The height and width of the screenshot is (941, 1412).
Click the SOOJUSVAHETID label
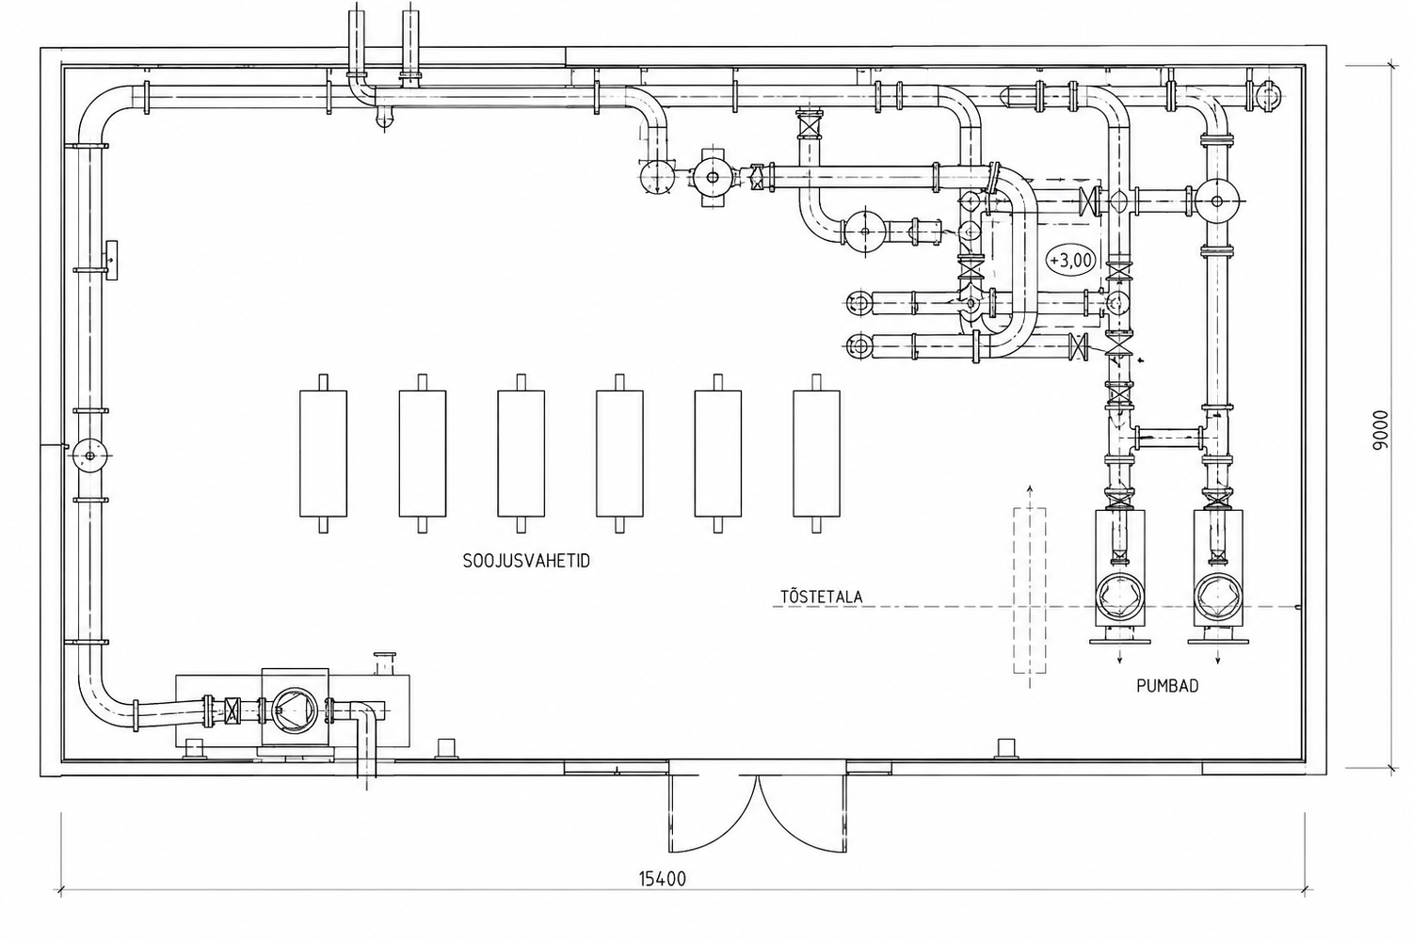[526, 562]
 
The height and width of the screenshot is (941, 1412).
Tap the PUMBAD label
[1167, 686]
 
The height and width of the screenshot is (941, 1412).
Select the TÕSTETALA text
[822, 597]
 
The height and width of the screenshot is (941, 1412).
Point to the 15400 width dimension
[663, 879]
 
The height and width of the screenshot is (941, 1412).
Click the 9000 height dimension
[1381, 430]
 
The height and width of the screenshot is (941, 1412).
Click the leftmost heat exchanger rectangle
[324, 454]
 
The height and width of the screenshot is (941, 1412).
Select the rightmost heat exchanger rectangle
[816, 454]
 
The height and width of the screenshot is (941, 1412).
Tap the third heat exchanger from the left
[521, 454]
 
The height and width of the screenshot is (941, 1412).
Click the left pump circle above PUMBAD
[1120, 596]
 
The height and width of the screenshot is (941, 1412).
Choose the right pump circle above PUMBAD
[1218, 596]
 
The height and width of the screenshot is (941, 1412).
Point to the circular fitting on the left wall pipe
[89, 455]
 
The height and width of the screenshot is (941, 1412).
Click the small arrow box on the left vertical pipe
[111, 260]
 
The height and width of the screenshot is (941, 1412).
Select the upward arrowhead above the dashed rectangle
[1030, 488]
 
